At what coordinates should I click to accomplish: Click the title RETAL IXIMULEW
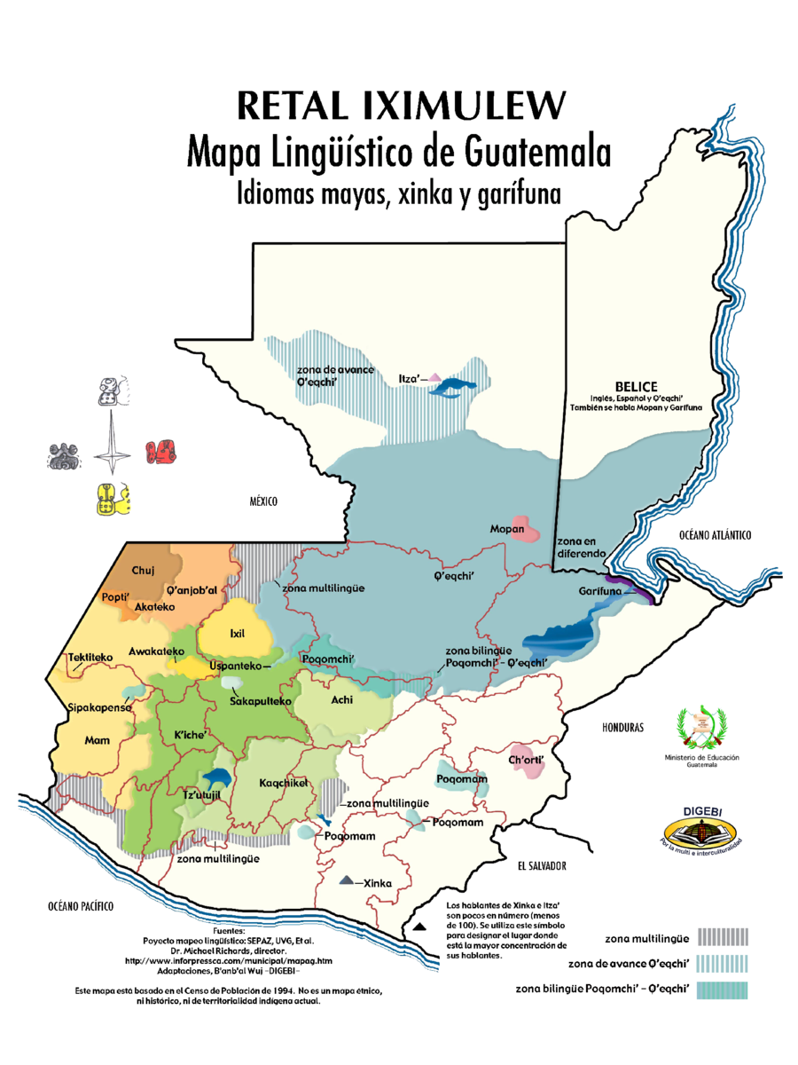tap(401, 106)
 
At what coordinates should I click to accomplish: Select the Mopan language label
tap(507, 530)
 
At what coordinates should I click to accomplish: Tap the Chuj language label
tap(143, 570)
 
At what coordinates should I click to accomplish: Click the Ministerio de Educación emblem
tap(700, 729)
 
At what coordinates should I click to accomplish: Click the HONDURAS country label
tap(622, 728)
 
